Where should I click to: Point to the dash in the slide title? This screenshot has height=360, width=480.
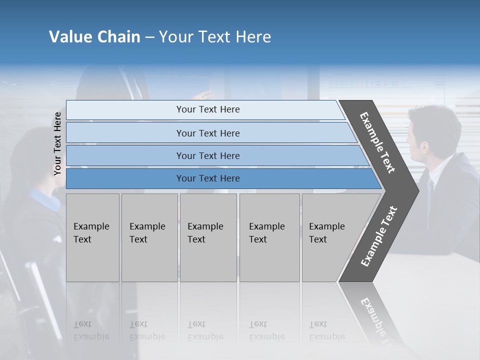pos(149,37)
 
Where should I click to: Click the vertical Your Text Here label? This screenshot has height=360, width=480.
pos(57,143)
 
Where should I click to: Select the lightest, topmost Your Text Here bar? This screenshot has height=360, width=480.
pos(207,109)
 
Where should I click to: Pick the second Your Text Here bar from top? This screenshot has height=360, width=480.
pos(207,133)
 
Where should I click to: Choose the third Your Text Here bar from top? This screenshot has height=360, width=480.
pos(207,155)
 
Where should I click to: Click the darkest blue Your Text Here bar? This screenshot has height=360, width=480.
pos(207,178)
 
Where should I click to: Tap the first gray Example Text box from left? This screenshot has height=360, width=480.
pos(92,237)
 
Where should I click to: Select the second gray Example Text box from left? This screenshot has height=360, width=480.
pos(149,237)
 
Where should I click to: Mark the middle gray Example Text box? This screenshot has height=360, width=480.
pos(208,237)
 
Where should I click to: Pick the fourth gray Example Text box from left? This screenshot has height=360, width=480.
pos(269,237)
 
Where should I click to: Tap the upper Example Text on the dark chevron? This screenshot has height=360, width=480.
pos(377,142)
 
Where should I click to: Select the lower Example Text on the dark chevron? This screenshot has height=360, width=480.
pos(378,236)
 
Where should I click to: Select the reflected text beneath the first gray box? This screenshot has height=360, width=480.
pos(91,330)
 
